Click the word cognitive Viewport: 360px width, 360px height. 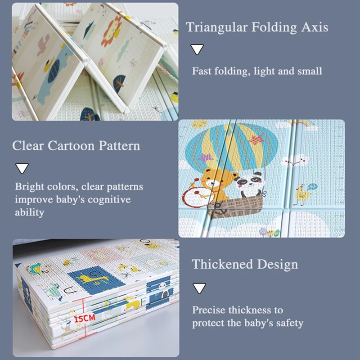pos(109,199)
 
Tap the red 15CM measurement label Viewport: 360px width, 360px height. pos(85,318)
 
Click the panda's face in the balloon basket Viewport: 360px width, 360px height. pos(247,182)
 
